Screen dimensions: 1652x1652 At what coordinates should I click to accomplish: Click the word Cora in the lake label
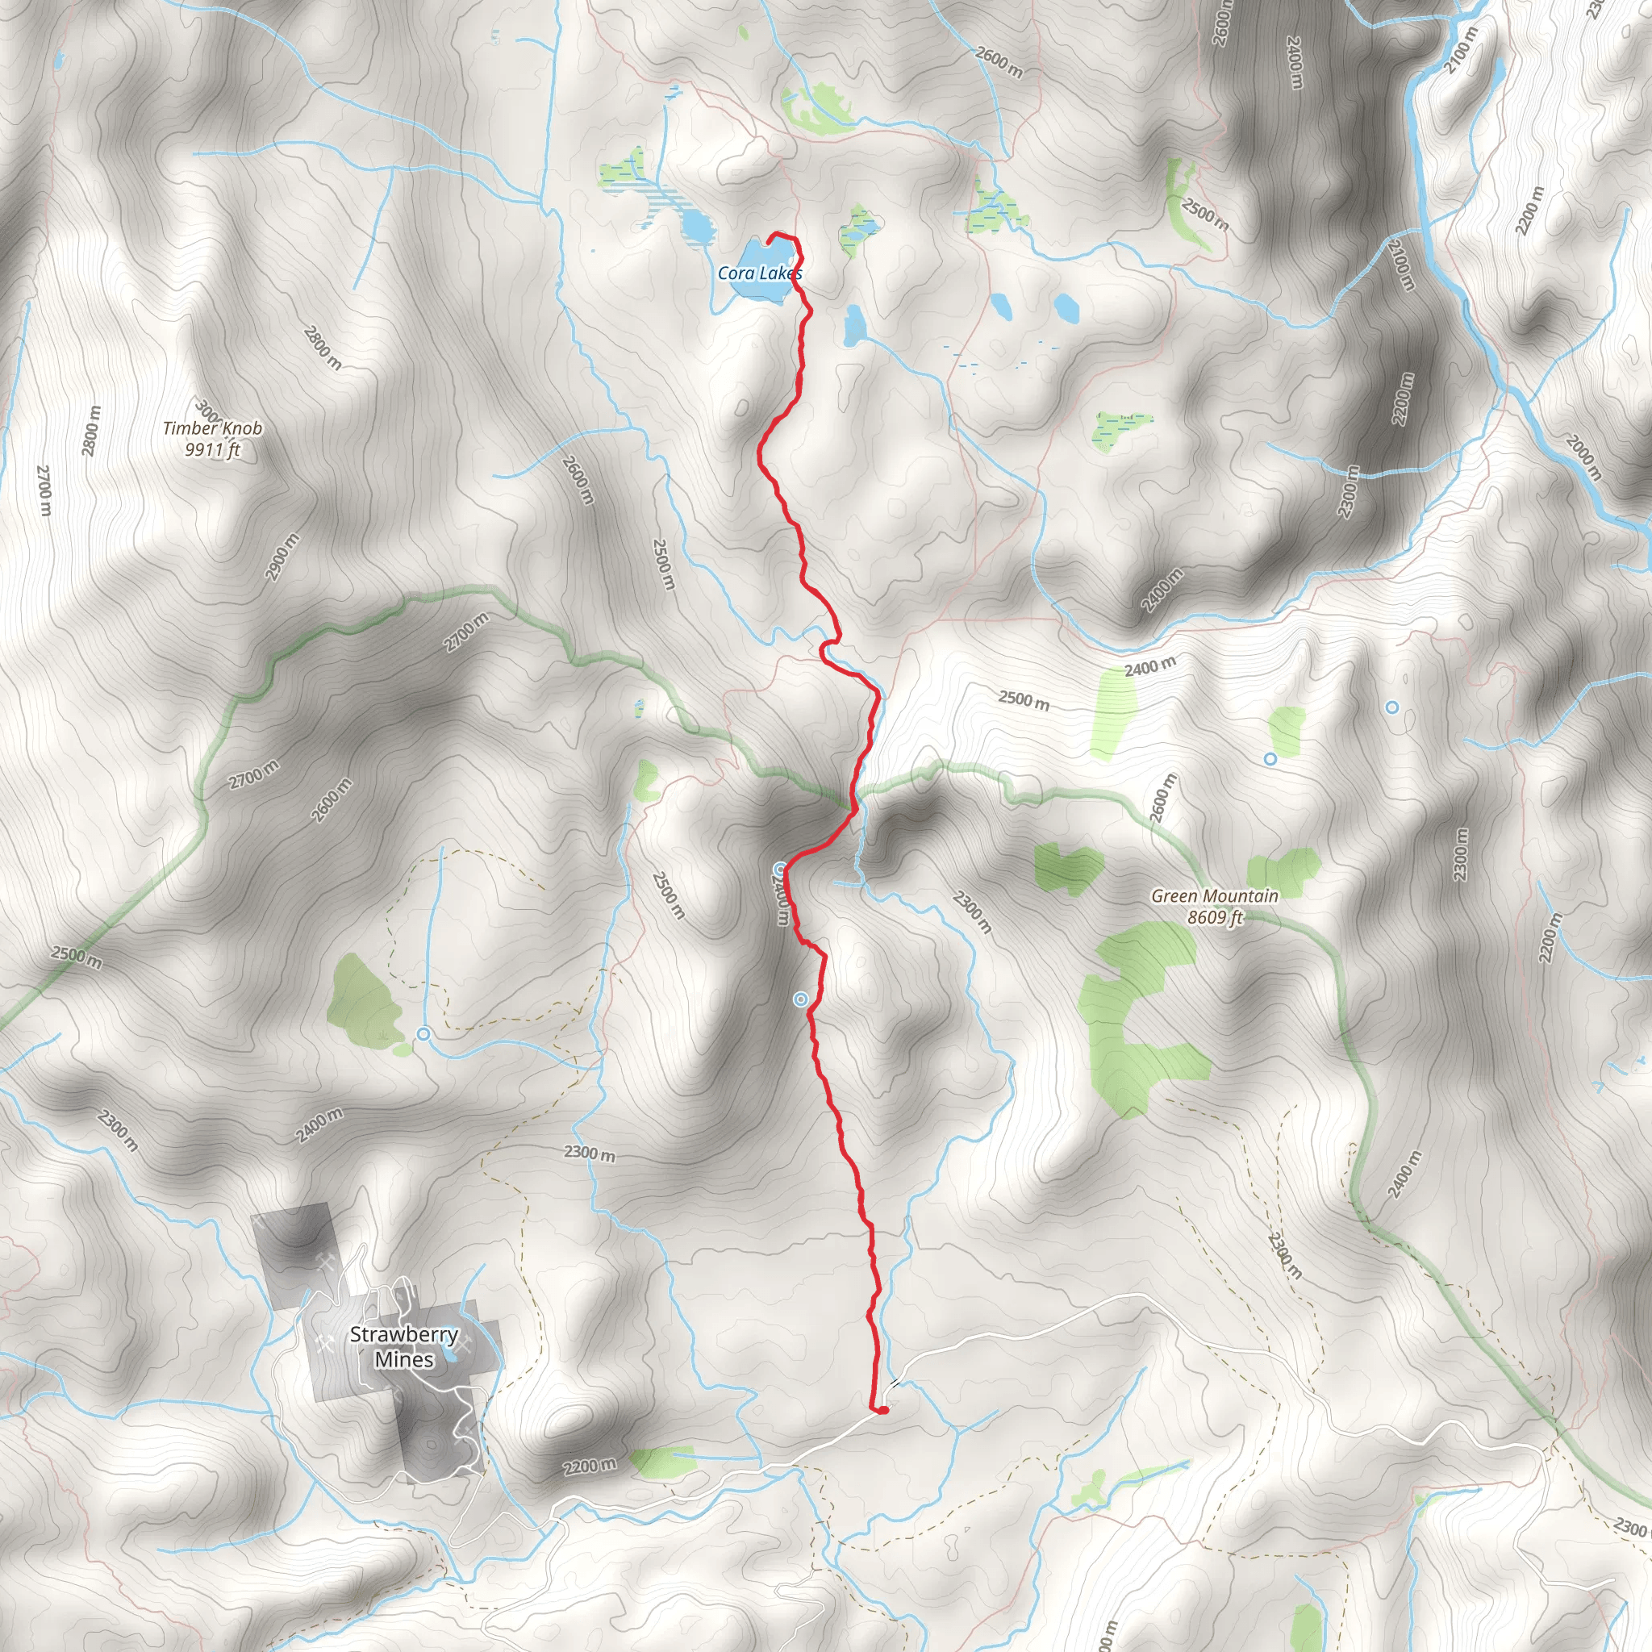pos(736,273)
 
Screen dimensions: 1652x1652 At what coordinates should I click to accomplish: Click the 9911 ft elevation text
pos(213,449)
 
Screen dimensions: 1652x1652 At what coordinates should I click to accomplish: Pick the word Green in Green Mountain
pos(1177,896)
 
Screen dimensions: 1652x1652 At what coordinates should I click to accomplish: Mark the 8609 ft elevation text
pos(1214,917)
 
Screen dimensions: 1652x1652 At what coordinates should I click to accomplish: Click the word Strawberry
pos(403,1335)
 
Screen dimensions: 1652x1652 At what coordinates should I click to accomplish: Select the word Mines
pos(403,1358)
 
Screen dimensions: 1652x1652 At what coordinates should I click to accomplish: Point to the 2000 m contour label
pos(1584,457)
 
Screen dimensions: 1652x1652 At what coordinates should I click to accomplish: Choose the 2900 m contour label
pos(282,557)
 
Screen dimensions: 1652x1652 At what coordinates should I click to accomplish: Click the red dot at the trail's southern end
pos(881,1410)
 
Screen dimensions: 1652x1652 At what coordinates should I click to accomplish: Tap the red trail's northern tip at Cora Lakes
pos(772,236)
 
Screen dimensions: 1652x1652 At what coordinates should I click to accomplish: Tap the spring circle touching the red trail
pos(780,870)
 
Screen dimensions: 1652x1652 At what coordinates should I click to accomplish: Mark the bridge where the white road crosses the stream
pos(895,1383)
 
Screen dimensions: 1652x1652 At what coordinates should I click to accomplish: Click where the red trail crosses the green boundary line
pos(851,803)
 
